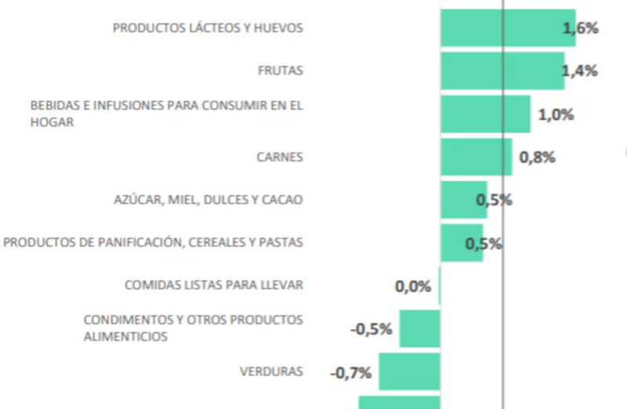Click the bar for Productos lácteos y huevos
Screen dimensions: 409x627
[502, 28]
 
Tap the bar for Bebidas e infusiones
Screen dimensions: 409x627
[484, 114]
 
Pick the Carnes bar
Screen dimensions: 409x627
[476, 157]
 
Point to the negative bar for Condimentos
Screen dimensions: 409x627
[419, 328]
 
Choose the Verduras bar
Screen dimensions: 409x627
[409, 372]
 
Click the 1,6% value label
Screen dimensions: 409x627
[581, 28]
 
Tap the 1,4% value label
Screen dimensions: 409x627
[580, 71]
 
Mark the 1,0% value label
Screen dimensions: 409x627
[556, 114]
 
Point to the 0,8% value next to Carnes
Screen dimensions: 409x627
[537, 157]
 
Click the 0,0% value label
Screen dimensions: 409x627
[413, 286]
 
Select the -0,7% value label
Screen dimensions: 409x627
[350, 373]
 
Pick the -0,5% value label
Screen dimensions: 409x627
[371, 329]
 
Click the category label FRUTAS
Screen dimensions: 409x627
[280, 71]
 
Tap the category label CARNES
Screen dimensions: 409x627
[280, 157]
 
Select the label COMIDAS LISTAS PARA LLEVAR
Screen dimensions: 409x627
[213, 285]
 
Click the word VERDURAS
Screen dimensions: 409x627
[271, 372]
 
